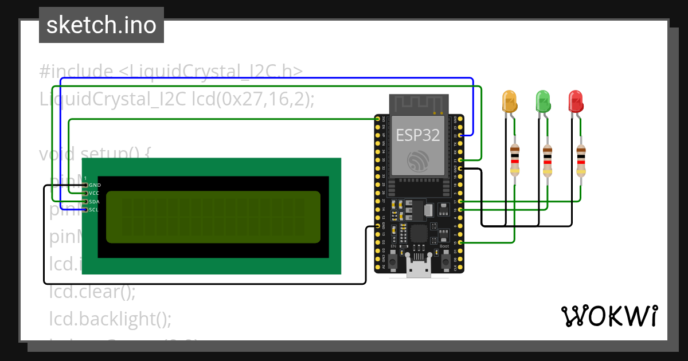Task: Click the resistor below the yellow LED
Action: (515, 160)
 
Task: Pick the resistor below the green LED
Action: (548, 160)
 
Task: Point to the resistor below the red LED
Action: (581, 160)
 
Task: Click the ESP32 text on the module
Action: (418, 135)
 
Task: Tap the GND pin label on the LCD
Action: (95, 185)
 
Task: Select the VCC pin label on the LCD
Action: (95, 193)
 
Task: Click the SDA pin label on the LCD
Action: (95, 202)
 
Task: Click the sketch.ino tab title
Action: (101, 25)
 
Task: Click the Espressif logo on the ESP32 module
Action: (418, 160)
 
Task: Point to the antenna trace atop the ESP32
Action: (418, 103)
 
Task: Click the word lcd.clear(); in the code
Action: (92, 292)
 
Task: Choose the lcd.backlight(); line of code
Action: (110, 318)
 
